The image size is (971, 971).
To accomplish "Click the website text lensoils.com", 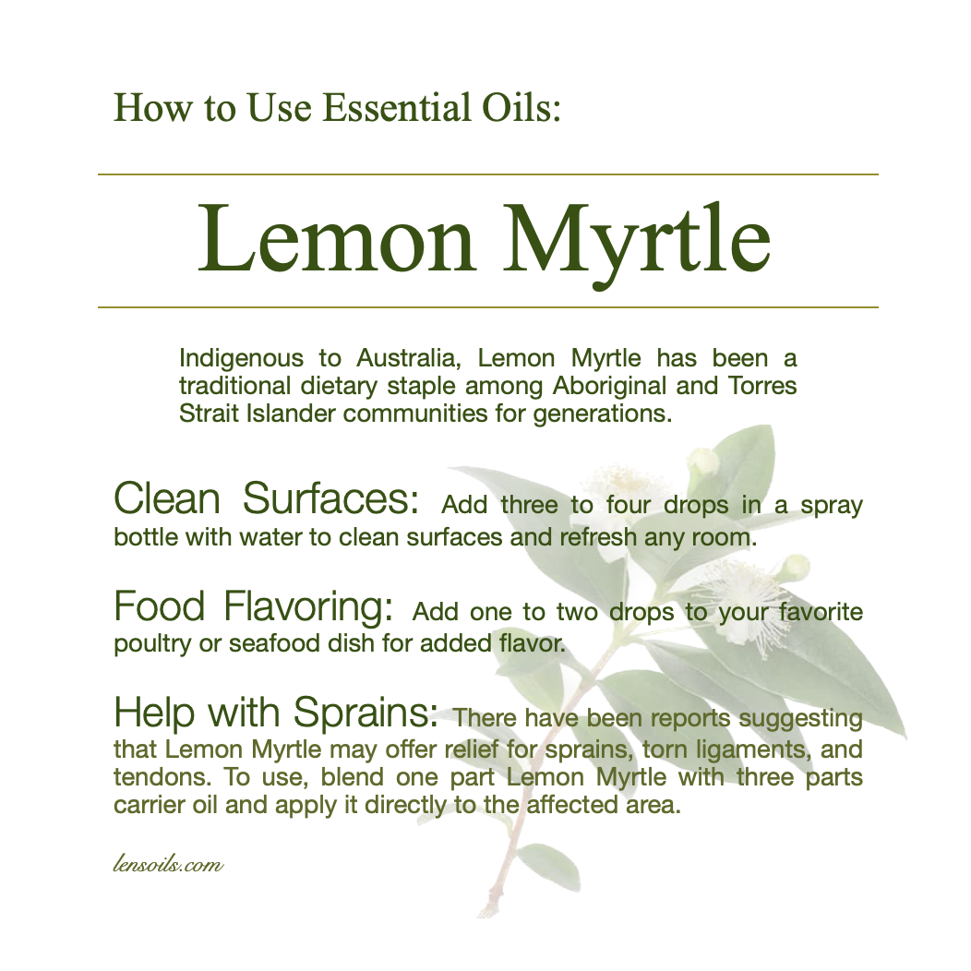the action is [168, 863].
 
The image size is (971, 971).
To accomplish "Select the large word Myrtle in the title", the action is [636, 246].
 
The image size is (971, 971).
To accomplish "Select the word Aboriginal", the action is [609, 387].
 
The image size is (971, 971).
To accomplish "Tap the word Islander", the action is [291, 414].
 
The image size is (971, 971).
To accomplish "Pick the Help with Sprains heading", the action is [276, 713].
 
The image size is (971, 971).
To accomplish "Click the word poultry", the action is [152, 644].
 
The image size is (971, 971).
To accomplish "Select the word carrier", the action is [149, 806].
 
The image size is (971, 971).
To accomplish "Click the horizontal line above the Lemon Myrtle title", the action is [488, 174].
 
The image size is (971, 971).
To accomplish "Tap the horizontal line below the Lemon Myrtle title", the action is [488, 306].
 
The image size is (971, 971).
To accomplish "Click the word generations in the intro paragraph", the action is [603, 414].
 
